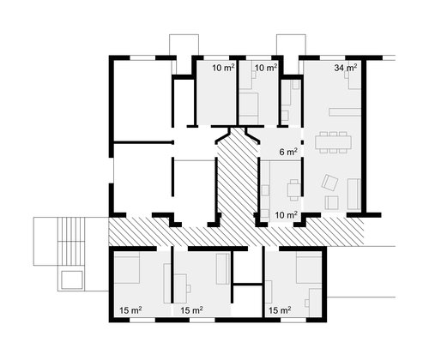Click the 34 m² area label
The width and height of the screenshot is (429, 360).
346,68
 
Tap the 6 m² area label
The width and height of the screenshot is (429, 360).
288,152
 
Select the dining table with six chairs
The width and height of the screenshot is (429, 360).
333,142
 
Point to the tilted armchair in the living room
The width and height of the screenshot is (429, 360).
329,183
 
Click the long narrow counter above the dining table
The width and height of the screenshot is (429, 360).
345,112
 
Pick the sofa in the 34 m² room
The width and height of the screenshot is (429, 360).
354,194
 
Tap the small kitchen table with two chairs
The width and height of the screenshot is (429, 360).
293,189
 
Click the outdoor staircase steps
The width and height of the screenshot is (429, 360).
71,242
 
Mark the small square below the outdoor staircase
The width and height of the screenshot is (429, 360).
72,279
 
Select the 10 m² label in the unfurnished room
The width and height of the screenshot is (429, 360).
224,68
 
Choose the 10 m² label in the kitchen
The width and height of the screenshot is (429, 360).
286,215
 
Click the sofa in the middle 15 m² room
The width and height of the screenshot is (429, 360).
223,268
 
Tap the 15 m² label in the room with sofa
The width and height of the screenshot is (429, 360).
191,310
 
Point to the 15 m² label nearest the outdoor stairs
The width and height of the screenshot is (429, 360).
131,310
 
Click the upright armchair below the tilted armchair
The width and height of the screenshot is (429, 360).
331,202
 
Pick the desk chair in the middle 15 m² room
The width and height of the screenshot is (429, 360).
189,288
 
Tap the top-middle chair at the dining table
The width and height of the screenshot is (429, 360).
333,134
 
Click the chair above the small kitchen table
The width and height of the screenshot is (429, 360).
294,181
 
